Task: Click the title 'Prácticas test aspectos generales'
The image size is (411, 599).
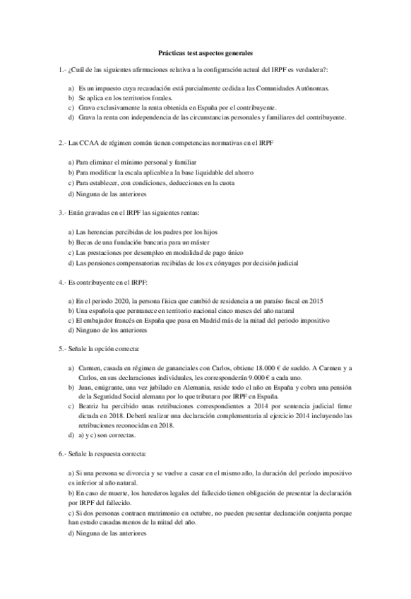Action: tap(205, 53)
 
